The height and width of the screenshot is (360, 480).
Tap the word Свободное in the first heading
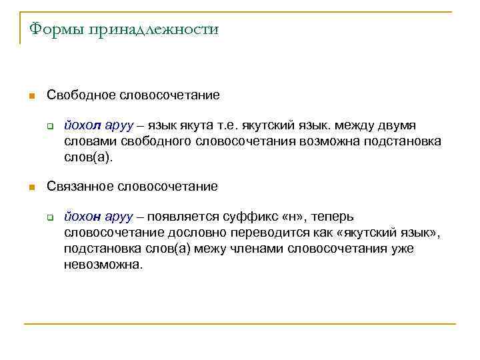(x=81, y=95)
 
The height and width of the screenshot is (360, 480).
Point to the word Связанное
(x=81, y=187)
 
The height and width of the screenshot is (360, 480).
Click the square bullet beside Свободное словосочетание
(x=30, y=96)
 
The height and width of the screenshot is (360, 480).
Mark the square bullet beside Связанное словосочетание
(x=30, y=187)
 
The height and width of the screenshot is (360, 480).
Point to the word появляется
(x=186, y=217)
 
